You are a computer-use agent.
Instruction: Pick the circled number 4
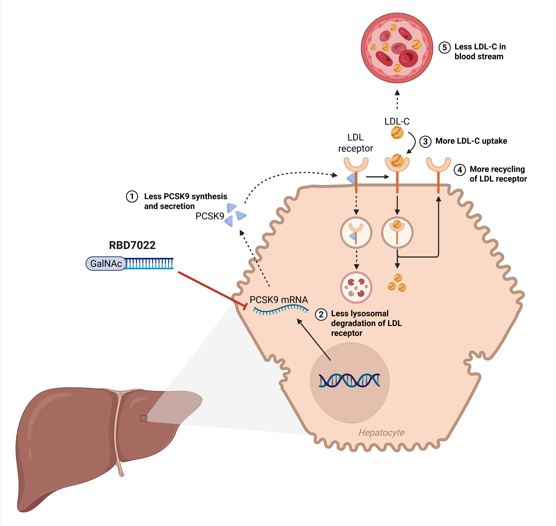pyautogui.click(x=460, y=170)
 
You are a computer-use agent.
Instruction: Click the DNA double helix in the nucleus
pyautogui.click(x=350, y=381)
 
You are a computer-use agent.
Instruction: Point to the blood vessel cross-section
pyautogui.click(x=397, y=48)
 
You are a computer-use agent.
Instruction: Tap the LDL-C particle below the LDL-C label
pyautogui.click(x=397, y=133)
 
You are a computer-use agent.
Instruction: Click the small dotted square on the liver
pyautogui.click(x=144, y=418)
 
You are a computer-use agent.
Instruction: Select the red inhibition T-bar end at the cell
pyautogui.click(x=245, y=306)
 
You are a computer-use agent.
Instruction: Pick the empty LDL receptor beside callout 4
pyautogui.click(x=438, y=175)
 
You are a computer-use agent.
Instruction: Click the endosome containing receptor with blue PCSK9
pyautogui.click(x=356, y=232)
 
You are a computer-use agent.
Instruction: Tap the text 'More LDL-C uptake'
pyautogui.click(x=471, y=141)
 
